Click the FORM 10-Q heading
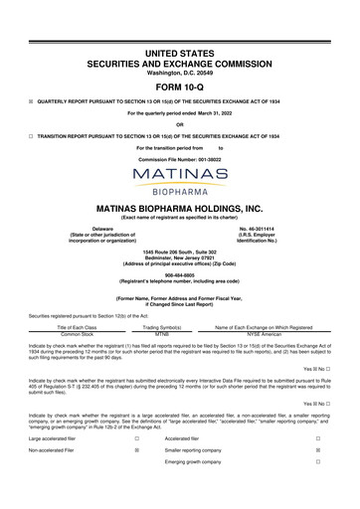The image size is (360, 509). click(179, 87)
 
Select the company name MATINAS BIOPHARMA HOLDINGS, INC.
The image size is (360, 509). click(179, 209)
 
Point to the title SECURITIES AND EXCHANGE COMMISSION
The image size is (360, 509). click(179, 62)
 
